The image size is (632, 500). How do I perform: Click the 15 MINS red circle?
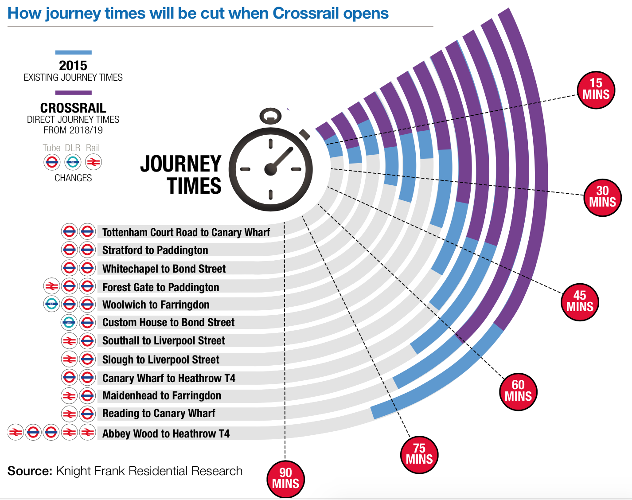(596, 89)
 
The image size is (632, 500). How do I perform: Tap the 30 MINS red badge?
(602, 197)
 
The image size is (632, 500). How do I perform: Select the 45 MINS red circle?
(579, 301)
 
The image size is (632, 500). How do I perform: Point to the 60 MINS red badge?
(518, 391)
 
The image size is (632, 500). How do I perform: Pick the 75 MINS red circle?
(419, 454)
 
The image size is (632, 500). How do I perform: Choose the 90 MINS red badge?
(285, 478)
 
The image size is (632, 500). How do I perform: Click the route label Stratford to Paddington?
(155, 250)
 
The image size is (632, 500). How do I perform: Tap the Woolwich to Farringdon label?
(156, 305)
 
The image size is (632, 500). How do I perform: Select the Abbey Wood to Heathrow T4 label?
(166, 434)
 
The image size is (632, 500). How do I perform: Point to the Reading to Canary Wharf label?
(159, 414)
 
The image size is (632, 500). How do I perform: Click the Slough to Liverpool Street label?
(161, 359)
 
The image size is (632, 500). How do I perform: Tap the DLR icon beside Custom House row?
(69, 322)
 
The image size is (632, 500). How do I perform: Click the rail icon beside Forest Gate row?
(51, 287)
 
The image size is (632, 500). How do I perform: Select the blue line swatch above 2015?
(73, 52)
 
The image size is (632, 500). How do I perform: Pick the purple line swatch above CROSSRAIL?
(73, 93)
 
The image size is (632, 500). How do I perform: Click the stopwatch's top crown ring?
(270, 116)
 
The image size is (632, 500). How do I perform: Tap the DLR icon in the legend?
(73, 162)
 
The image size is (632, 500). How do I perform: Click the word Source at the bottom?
(30, 471)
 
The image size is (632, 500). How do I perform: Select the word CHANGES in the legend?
(73, 178)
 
